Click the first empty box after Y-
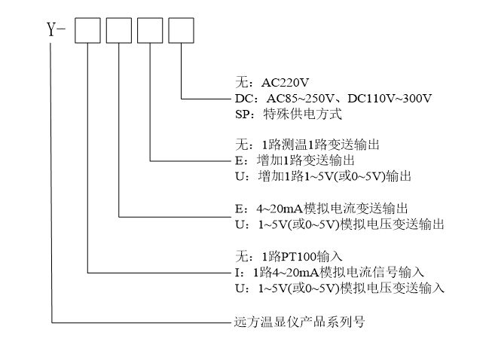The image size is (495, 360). pos(89,31)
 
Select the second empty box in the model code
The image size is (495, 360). pos(120,31)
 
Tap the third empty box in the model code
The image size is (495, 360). pos(150,31)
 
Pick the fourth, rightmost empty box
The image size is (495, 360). pos(180,31)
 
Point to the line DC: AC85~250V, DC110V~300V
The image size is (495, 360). pos(332,98)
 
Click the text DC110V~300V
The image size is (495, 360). pos(393,98)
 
